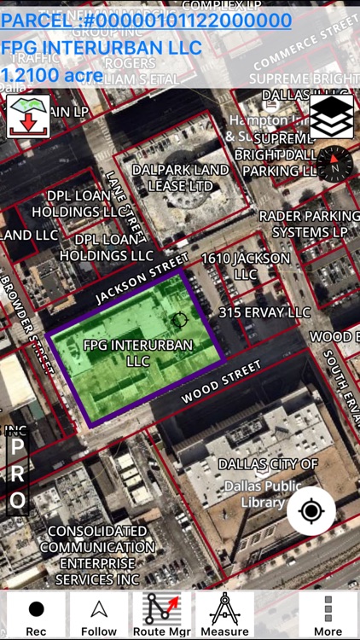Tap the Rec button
pos(36,615)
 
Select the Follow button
pos(99,615)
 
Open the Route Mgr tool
pos(162,615)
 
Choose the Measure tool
pos(224,615)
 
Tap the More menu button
pos(328,615)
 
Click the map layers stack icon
pos(331,117)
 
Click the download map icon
pos(28,117)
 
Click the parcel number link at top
pos(146,20)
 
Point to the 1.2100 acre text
pos(52,75)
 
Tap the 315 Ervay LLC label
pos(264,313)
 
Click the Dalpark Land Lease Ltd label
pos(180,177)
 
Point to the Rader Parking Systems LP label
pos(308,224)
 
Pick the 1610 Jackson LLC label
pos(245,266)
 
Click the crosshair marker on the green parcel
pos(179,321)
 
